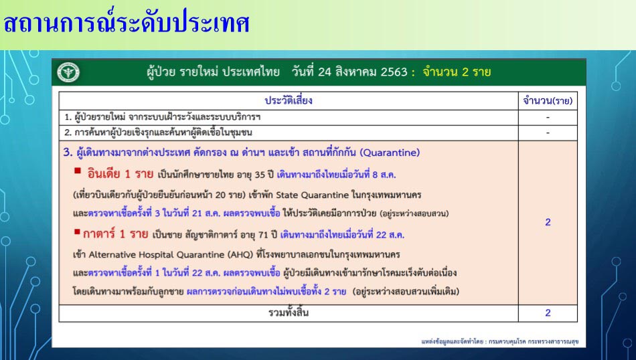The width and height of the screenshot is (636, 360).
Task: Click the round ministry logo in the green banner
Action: [68, 72]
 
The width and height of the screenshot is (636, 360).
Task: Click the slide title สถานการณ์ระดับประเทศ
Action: [126, 23]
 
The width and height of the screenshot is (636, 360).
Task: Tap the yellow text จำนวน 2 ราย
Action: [457, 72]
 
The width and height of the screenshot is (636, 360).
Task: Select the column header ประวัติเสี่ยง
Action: [289, 100]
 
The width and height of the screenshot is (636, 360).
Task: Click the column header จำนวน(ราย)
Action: [548, 100]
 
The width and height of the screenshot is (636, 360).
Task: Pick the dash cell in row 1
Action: [548, 118]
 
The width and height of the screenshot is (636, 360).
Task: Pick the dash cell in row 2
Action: [548, 132]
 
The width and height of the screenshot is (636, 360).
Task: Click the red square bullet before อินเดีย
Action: [78, 171]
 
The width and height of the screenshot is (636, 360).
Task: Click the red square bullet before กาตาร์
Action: [77, 232]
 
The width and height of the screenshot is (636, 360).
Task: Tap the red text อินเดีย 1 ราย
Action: [121, 175]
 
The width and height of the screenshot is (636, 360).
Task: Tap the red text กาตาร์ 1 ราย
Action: [116, 234]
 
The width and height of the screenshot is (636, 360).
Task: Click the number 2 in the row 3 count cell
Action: [548, 222]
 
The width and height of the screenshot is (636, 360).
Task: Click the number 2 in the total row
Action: [548, 313]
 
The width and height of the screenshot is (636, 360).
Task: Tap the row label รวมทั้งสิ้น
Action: [289, 312]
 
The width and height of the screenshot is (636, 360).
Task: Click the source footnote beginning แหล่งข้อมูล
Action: [500, 342]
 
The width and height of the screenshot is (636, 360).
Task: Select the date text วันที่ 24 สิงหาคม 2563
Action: [349, 72]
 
